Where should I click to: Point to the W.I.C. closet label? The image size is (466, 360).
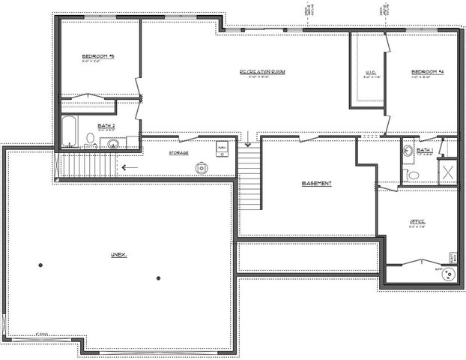click(x=369, y=73)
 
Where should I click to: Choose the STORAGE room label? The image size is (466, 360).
click(x=178, y=153)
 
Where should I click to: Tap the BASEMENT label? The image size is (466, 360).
click(x=315, y=184)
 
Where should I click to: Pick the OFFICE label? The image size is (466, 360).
click(x=417, y=222)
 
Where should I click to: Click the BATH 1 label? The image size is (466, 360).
click(x=425, y=151)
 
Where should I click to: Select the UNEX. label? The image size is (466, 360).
click(x=118, y=255)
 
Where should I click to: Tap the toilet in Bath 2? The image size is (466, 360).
click(x=89, y=139)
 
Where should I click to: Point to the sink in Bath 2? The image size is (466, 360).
click(x=113, y=142)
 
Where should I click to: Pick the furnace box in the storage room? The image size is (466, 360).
click(x=222, y=147)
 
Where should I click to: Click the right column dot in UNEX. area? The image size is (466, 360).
click(x=158, y=278)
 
